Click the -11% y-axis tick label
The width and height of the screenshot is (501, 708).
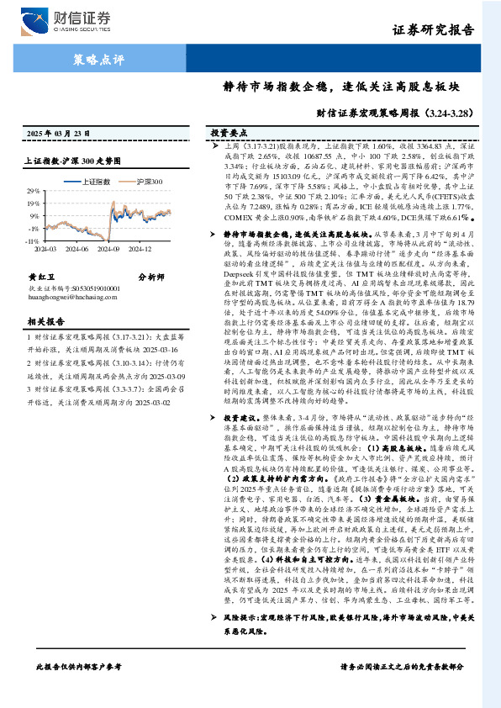tap(31, 240)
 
